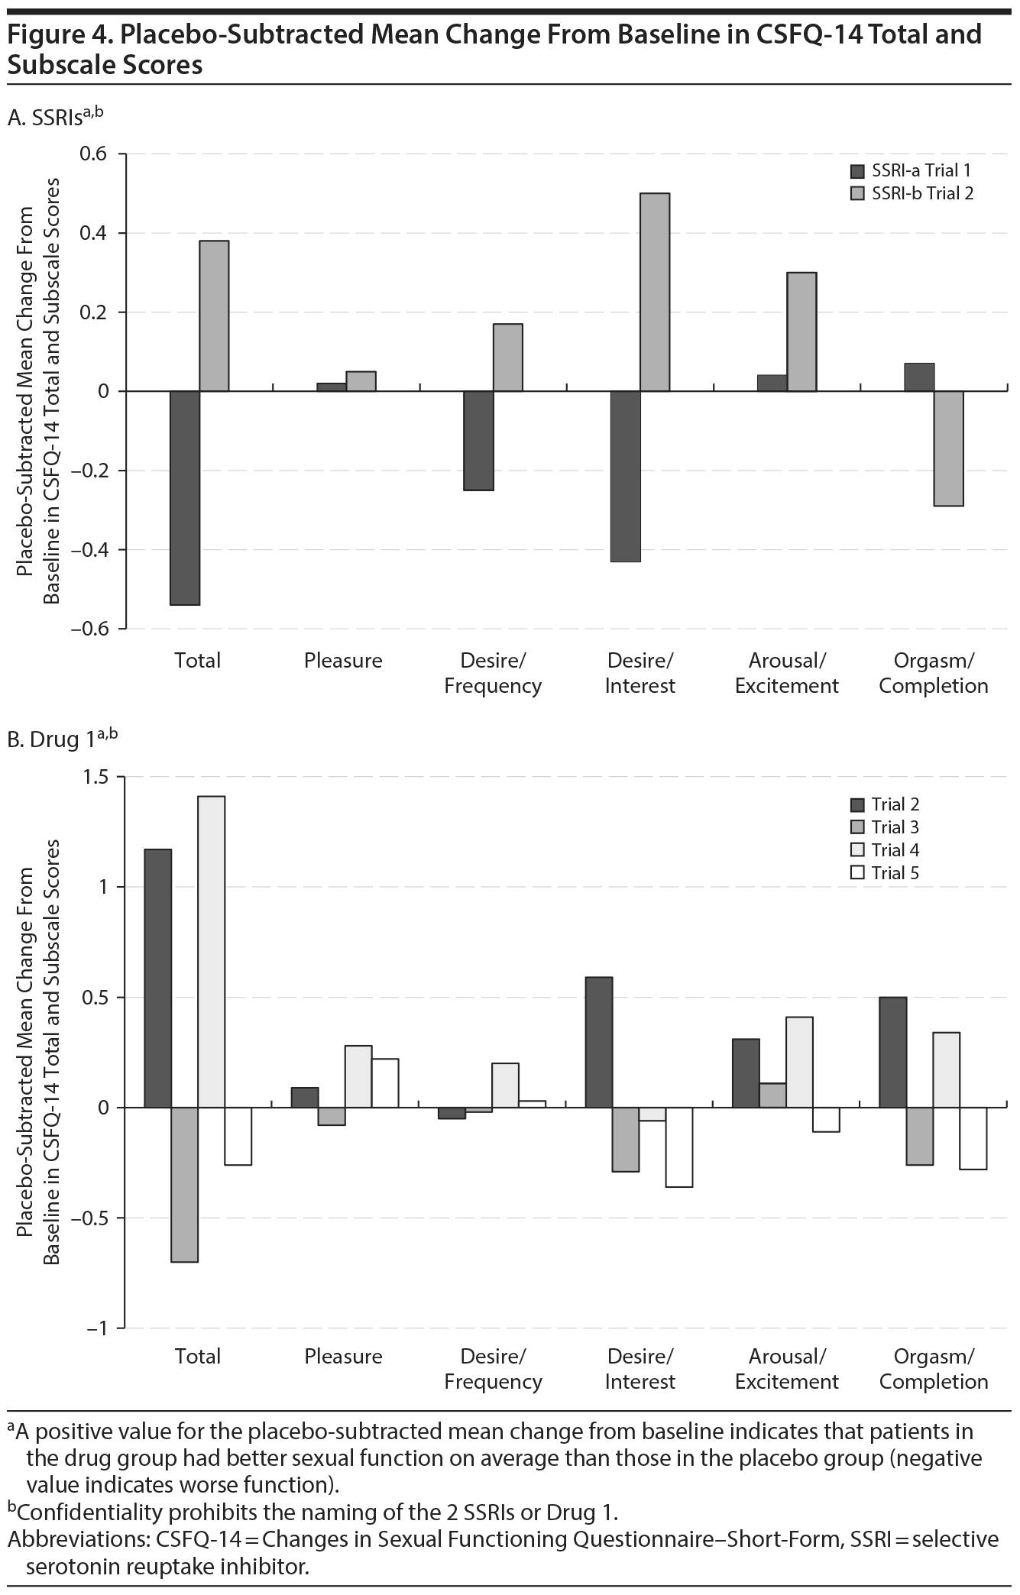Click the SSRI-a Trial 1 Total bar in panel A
[185, 497]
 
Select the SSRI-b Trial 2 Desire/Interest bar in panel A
[655, 292]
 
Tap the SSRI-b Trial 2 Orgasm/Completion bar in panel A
[948, 448]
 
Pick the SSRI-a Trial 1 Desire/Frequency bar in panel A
[478, 441]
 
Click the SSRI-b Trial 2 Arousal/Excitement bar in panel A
[801, 332]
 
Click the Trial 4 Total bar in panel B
[212, 952]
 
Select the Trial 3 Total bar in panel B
[185, 1185]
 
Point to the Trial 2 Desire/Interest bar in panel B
[599, 1042]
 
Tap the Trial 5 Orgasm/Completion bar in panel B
[973, 1138]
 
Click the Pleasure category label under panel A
[343, 661]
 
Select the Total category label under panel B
[198, 1357]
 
